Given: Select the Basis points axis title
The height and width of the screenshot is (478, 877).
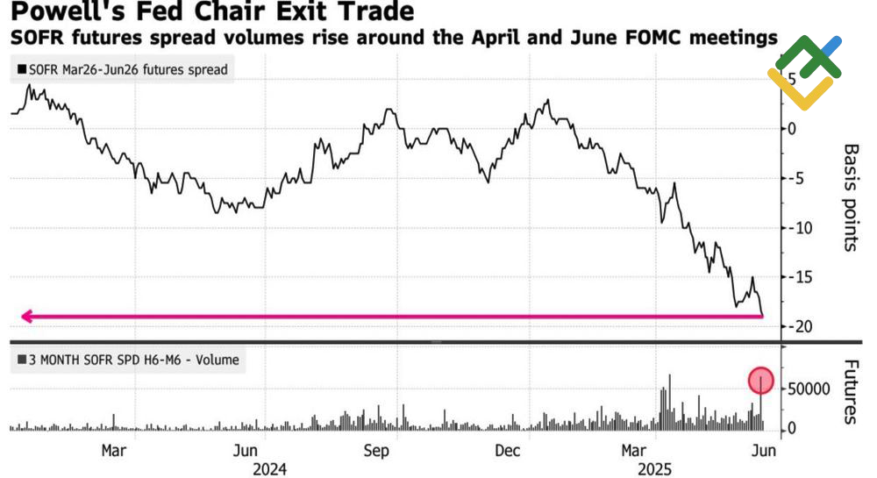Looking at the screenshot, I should click(x=849, y=197).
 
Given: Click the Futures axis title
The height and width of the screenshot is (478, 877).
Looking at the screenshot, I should click(x=849, y=390).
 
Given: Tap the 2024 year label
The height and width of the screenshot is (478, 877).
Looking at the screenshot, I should click(x=269, y=469).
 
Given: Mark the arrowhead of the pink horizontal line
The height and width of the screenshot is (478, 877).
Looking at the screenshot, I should click(x=27, y=317).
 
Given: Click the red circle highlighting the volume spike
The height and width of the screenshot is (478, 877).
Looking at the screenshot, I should click(x=761, y=380).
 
